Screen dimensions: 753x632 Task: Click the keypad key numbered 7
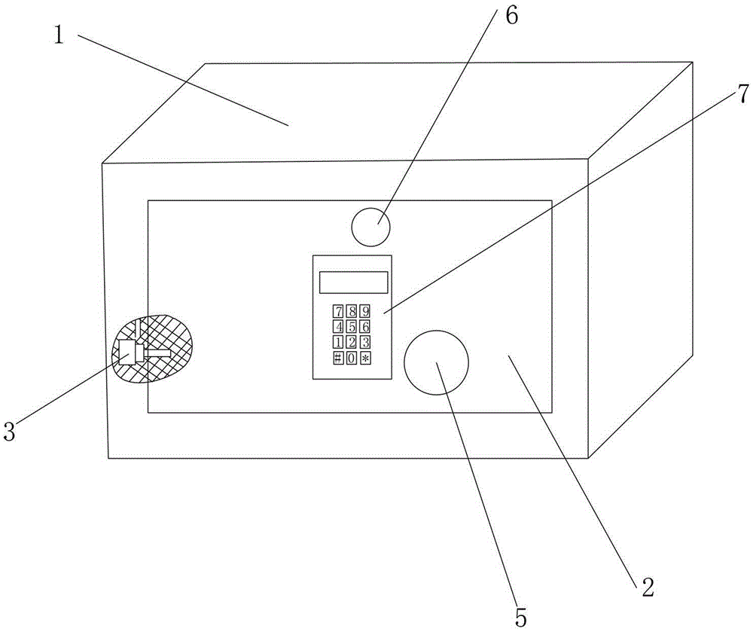coord(339,311)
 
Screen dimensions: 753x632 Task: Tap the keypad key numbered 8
coord(352,311)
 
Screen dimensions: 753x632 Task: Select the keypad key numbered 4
coord(339,327)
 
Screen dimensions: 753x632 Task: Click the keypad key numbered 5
coord(352,327)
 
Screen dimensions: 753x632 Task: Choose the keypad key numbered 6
coord(365,327)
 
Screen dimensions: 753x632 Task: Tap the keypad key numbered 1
coord(339,342)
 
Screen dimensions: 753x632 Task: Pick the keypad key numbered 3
coord(365,342)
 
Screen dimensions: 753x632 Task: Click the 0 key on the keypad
coord(352,358)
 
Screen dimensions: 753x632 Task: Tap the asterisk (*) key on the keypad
coord(365,358)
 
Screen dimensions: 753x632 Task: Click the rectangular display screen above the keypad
coord(353,282)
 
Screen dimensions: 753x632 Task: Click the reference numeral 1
coord(59,35)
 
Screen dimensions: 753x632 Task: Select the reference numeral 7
coord(743,93)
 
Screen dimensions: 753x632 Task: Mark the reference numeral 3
coord(9,432)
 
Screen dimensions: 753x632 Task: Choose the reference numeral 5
coord(521,617)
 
